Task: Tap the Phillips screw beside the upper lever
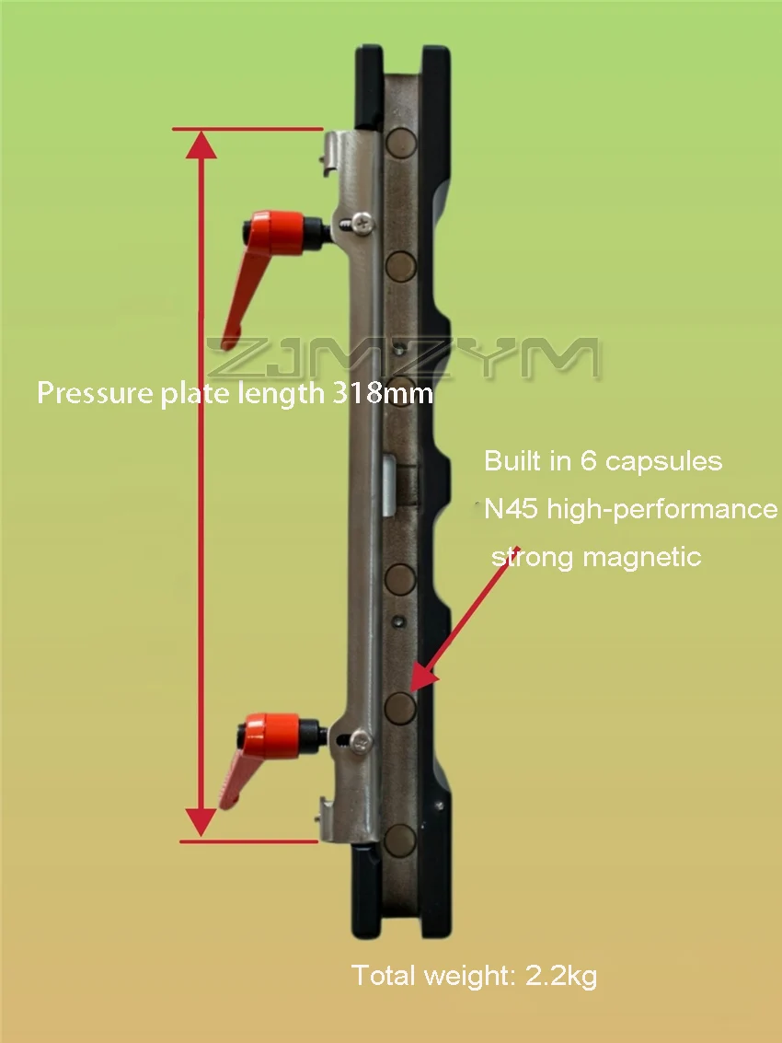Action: (x=362, y=222)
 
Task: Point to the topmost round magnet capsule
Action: (x=402, y=143)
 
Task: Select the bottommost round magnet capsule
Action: (x=400, y=840)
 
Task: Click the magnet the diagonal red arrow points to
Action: (x=400, y=708)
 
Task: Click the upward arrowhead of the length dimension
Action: (x=201, y=145)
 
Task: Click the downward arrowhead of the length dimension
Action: (x=201, y=822)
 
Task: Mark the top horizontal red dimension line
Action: (x=247, y=128)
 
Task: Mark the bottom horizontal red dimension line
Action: (x=248, y=841)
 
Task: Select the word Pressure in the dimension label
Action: (x=95, y=393)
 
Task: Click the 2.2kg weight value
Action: (x=561, y=977)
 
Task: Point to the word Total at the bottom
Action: (x=385, y=976)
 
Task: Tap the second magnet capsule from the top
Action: (x=401, y=265)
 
